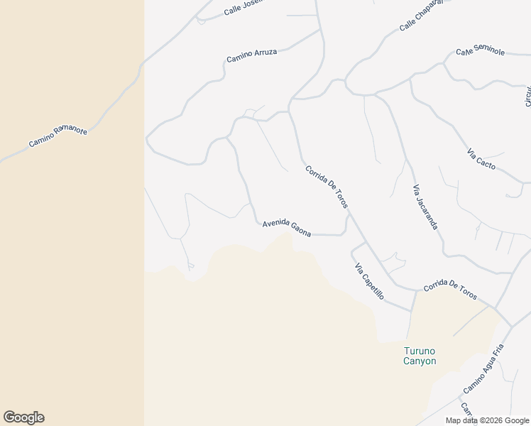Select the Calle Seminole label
click(x=481, y=52)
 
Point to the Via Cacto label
click(x=481, y=160)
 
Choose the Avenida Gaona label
click(x=287, y=228)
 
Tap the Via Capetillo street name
click(x=369, y=280)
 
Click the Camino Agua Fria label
click(x=483, y=369)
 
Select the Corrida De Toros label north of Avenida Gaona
click(x=327, y=187)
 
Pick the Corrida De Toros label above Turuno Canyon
click(x=450, y=290)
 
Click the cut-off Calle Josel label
click(x=243, y=8)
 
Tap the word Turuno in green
click(x=419, y=351)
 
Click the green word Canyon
click(x=420, y=361)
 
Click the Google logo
click(x=23, y=417)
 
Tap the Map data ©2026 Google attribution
click(x=487, y=420)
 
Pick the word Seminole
click(x=489, y=52)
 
